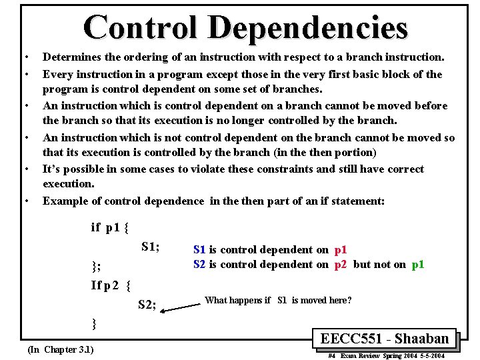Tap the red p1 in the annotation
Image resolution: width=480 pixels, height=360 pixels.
tap(340, 250)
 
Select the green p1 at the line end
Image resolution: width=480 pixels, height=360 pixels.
tap(418, 265)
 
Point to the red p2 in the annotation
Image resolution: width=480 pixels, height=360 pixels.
tap(340, 265)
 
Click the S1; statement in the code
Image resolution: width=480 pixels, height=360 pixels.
tap(150, 247)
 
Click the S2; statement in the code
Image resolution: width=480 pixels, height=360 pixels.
tap(147, 305)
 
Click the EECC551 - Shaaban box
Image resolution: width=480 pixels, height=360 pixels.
tap(385, 338)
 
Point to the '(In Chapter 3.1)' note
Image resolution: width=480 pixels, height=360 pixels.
tap(60, 349)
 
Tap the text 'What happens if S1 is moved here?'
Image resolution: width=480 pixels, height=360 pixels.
tap(278, 301)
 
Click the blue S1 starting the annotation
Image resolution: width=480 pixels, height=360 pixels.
tap(199, 250)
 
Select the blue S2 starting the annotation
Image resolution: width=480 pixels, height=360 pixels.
tap(199, 265)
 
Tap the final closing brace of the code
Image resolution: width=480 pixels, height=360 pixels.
tap(94, 324)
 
